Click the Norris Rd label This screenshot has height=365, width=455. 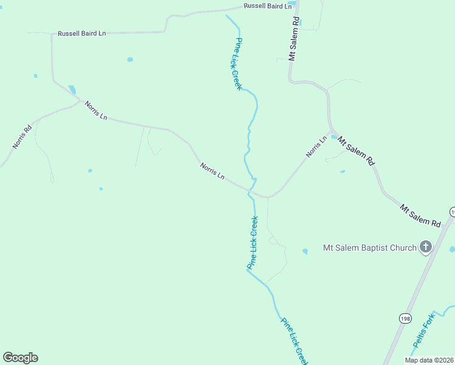(x=22, y=137)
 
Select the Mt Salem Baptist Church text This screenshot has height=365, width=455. (x=369, y=248)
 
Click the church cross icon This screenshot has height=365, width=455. (x=426, y=247)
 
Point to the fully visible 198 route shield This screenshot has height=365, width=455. (x=405, y=318)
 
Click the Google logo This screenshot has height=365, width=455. (x=20, y=358)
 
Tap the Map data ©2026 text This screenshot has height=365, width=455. (x=429, y=360)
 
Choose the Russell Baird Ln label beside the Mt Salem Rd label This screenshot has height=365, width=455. (x=268, y=5)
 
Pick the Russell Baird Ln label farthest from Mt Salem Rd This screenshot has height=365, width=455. (x=82, y=33)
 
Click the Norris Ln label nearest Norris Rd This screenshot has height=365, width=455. (x=96, y=110)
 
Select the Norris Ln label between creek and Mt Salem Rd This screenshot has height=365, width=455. (x=316, y=147)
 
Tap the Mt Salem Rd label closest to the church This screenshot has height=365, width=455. (x=420, y=216)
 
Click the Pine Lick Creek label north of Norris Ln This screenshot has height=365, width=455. (x=238, y=64)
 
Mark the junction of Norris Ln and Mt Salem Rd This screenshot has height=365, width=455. (x=331, y=132)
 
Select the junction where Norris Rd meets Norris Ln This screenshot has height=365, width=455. (x=80, y=102)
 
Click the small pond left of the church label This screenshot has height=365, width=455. (x=305, y=251)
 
